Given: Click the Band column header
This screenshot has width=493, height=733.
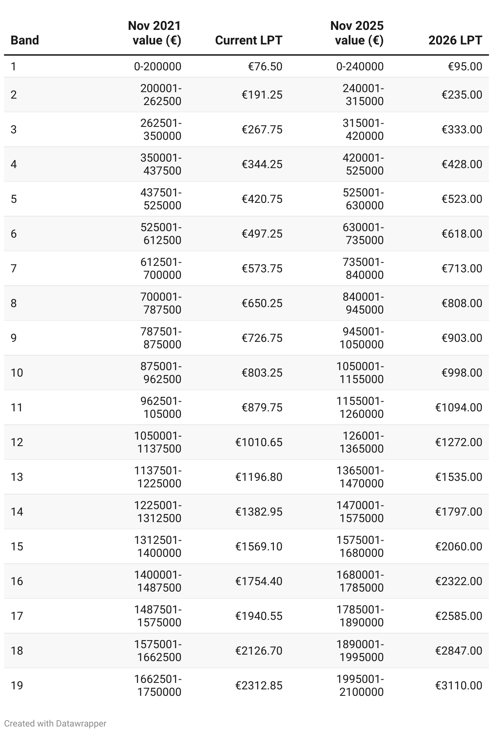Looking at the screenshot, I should pyautogui.click(x=25, y=40).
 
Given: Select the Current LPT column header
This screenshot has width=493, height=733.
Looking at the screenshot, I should pyautogui.click(x=249, y=40).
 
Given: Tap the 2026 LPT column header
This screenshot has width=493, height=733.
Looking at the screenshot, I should pyautogui.click(x=455, y=40).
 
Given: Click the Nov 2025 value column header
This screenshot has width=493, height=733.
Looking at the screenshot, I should pyautogui.click(x=357, y=33).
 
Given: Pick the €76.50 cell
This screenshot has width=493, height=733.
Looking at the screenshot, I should pyautogui.click(x=265, y=66).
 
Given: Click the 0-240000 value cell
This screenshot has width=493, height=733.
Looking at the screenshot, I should pyautogui.click(x=360, y=66).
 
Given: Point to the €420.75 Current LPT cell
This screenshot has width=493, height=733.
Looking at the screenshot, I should pyautogui.click(x=262, y=199).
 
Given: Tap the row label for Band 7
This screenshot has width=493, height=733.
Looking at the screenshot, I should pyautogui.click(x=14, y=268).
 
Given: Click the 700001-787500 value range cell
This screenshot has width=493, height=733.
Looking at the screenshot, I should pyautogui.click(x=161, y=303).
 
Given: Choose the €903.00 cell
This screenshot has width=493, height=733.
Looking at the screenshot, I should pyautogui.click(x=461, y=338).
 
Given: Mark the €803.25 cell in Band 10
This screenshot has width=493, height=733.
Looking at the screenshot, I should pyautogui.click(x=262, y=373).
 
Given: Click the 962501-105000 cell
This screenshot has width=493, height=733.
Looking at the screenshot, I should pyautogui.click(x=161, y=407).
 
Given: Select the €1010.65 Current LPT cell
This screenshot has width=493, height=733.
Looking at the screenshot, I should pyautogui.click(x=259, y=442).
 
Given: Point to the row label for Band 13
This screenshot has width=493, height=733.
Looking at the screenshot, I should pyautogui.click(x=17, y=477).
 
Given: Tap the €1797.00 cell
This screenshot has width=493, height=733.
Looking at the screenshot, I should pyautogui.click(x=458, y=512).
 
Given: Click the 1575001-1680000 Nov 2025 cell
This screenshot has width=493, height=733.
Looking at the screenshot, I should pyautogui.click(x=360, y=546).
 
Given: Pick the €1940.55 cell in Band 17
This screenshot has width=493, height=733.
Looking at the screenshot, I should pyautogui.click(x=259, y=616).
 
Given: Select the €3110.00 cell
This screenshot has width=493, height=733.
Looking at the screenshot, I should pyautogui.click(x=458, y=685).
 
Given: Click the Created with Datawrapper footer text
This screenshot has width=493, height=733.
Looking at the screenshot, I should pyautogui.click(x=55, y=723).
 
